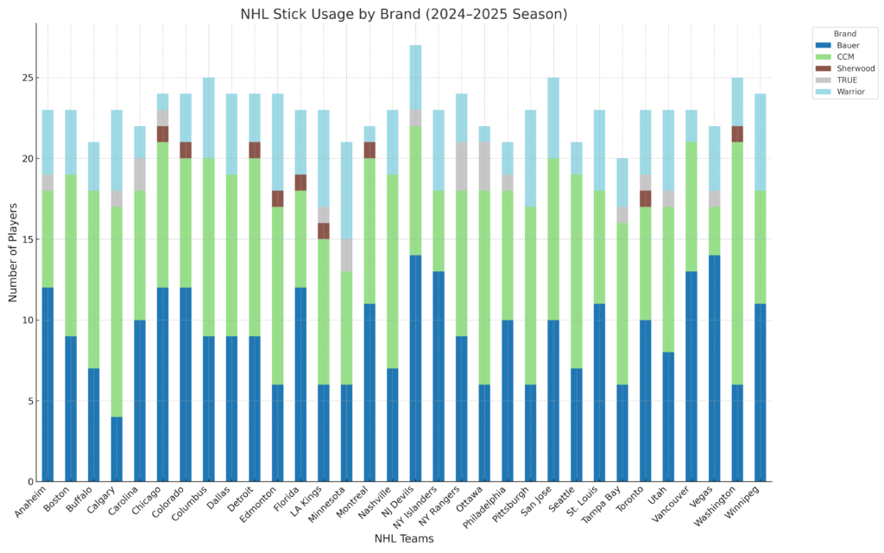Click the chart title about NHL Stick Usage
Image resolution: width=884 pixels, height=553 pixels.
coord(403,15)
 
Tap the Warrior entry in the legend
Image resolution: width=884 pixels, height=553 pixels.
coord(849,92)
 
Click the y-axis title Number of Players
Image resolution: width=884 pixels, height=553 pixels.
coord(14,252)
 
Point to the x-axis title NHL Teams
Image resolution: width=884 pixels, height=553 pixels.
coord(403,538)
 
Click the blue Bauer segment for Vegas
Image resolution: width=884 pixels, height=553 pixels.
coord(715,368)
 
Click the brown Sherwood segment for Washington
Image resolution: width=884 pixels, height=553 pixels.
coord(737,134)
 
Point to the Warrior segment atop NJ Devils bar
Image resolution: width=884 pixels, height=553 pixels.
coord(415,77)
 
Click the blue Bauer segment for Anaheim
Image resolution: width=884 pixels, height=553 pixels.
coord(47,385)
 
